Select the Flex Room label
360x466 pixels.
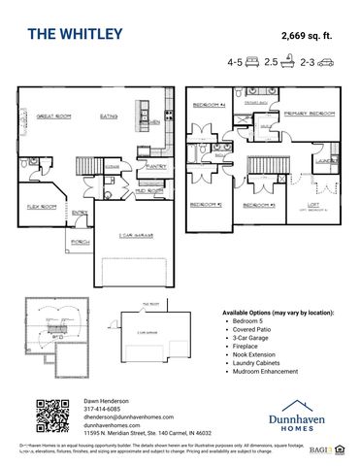click(40, 207)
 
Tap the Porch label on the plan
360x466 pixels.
click(81, 242)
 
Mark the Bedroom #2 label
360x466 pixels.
click(206, 205)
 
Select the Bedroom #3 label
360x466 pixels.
click(260, 205)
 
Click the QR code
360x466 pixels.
click(53, 416)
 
